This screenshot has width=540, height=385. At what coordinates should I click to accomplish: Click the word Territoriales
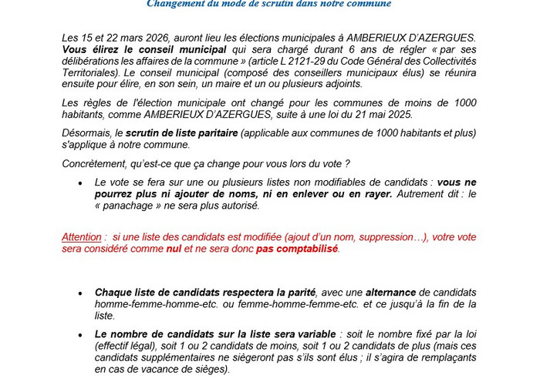pos(91,72)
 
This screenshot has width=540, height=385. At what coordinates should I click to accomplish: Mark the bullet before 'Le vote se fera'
pos(80,183)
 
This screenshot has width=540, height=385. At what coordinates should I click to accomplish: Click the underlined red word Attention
pos(82,237)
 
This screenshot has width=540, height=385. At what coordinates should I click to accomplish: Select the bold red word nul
pos(174,249)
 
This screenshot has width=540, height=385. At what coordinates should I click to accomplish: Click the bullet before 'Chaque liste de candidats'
pos(80,293)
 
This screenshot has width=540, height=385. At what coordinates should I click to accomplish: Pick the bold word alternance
pos(391,293)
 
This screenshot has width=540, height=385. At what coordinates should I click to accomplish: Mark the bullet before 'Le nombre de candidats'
pos(80,335)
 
